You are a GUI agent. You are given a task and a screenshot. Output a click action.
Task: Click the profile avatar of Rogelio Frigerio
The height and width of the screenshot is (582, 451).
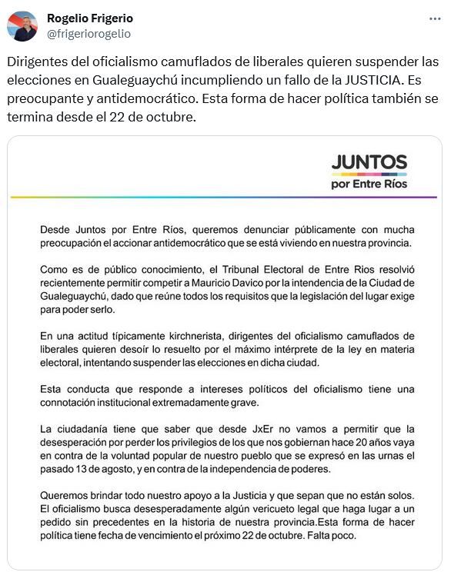(22, 26)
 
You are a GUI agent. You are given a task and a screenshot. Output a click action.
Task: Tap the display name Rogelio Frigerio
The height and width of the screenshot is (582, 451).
(90, 18)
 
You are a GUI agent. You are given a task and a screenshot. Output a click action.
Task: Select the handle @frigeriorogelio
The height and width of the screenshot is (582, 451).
(89, 34)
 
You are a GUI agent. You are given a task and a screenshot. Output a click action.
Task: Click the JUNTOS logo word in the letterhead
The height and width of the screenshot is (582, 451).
(369, 162)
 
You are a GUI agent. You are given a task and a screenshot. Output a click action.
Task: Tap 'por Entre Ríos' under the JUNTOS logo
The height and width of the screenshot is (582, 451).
(369, 184)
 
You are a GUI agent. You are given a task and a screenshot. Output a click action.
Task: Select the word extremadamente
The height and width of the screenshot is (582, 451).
(181, 401)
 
